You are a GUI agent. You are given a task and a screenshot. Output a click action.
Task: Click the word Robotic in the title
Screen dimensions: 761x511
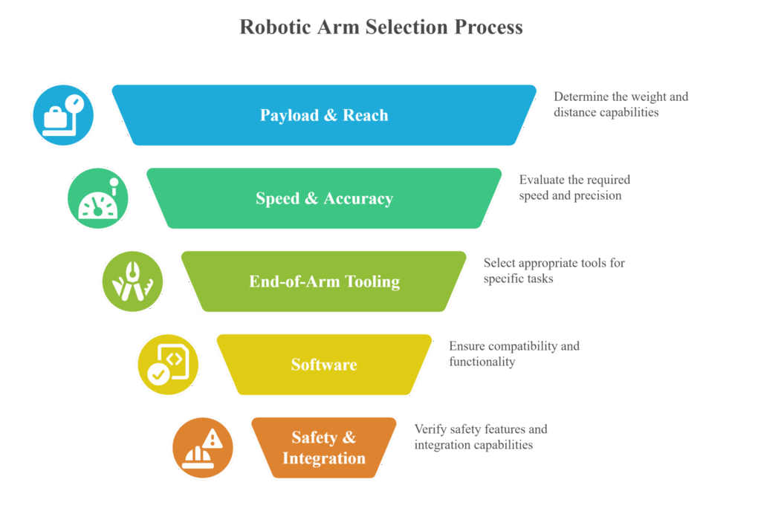point(275,27)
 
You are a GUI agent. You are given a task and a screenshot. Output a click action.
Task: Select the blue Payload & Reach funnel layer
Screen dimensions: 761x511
point(324,115)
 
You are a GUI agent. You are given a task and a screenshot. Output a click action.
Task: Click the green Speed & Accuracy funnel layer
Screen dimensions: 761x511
point(324,198)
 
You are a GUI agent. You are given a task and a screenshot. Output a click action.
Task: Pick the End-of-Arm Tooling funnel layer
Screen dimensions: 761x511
point(324,281)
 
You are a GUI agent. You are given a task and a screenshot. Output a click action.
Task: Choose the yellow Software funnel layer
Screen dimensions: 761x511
point(324,365)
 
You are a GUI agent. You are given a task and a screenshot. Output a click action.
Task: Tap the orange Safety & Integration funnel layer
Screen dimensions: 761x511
point(324,447)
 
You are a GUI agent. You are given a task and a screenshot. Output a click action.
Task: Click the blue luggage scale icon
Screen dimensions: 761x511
point(63,115)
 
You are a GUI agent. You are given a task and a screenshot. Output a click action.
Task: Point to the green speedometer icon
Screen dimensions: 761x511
point(98,198)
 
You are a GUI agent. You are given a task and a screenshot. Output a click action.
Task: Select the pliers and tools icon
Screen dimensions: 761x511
point(132,281)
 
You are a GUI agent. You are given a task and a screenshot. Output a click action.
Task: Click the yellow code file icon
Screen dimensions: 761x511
point(168,365)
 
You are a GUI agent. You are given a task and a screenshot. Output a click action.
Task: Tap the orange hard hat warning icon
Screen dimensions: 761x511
point(203,447)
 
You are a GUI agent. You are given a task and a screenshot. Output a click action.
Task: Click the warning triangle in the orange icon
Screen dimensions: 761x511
point(212,439)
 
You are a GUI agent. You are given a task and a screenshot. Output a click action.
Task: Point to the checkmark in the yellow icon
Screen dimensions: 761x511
point(158,374)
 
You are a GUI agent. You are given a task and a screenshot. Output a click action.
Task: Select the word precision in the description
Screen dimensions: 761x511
point(598,196)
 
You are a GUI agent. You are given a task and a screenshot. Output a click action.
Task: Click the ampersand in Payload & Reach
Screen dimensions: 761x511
point(331,115)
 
